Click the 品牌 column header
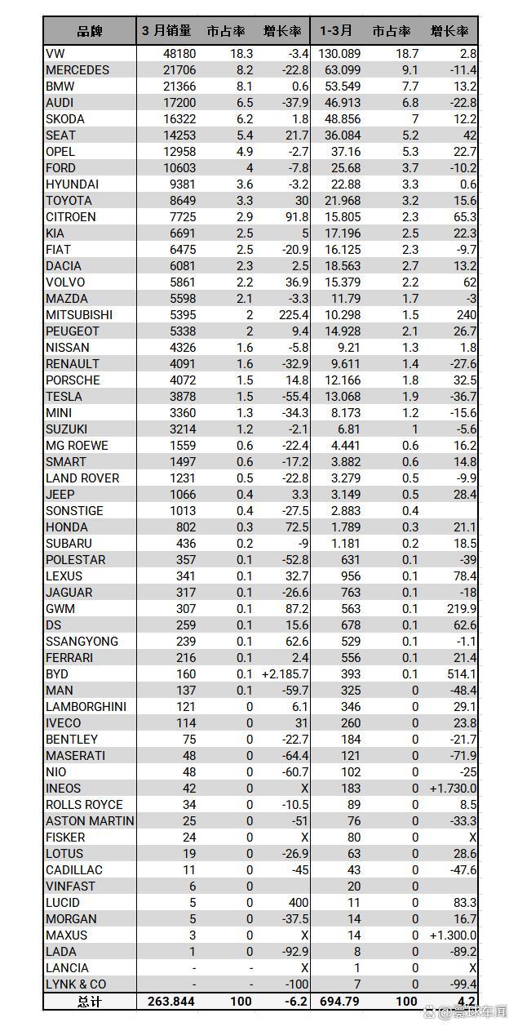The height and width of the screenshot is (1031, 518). click(x=89, y=31)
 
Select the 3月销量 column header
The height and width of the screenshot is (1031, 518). click(x=166, y=31)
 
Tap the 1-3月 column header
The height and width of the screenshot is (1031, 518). click(x=336, y=31)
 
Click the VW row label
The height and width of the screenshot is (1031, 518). click(x=55, y=54)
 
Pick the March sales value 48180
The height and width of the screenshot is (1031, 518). click(x=179, y=54)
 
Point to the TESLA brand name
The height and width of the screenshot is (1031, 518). click(x=64, y=397)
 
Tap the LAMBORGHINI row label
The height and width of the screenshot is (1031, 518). click(x=86, y=707)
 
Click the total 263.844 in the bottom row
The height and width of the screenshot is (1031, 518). click(x=171, y=1002)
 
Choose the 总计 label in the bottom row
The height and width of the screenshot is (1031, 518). click(x=89, y=1002)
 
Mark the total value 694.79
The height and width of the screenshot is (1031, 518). click(x=339, y=1002)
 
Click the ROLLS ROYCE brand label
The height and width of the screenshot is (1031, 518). click(x=84, y=805)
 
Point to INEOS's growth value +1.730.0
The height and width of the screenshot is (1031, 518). click(x=453, y=789)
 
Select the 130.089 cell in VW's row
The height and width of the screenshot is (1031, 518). click(x=339, y=54)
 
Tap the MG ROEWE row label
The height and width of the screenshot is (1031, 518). click(x=77, y=446)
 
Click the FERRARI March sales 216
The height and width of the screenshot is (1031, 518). click(x=186, y=658)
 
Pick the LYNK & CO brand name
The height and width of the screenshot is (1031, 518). click(x=76, y=984)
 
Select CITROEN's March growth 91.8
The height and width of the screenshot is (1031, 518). click(x=297, y=217)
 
